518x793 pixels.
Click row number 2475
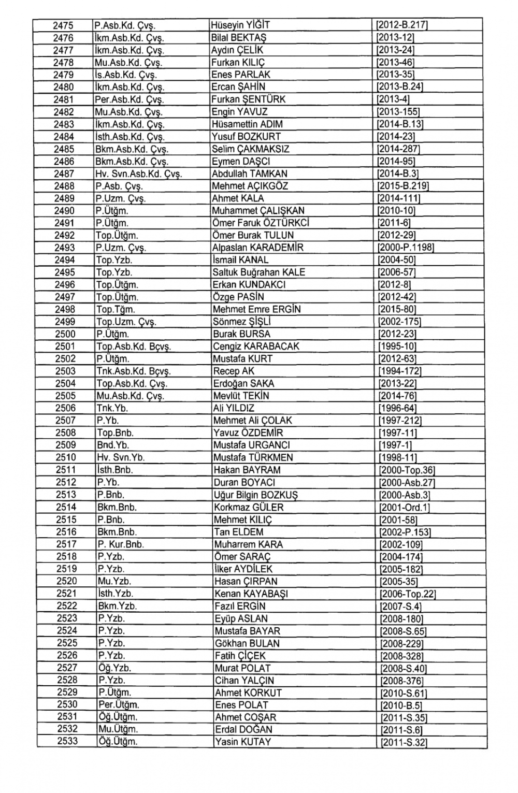(64, 25)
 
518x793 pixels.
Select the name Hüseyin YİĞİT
(240, 25)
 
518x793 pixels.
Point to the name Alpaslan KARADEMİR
(258, 248)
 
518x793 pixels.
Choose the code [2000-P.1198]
(406, 248)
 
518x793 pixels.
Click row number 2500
(65, 334)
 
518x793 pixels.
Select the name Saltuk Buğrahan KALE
(258, 272)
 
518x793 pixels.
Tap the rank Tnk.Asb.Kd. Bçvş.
(134, 371)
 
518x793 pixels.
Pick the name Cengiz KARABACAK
(256, 347)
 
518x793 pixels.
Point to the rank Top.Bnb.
(115, 433)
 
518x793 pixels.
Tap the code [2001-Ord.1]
(405, 508)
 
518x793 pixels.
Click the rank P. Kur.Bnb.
(121, 544)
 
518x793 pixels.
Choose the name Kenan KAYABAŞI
(251, 594)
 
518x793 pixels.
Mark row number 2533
(67, 742)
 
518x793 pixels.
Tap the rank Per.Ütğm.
(119, 705)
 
